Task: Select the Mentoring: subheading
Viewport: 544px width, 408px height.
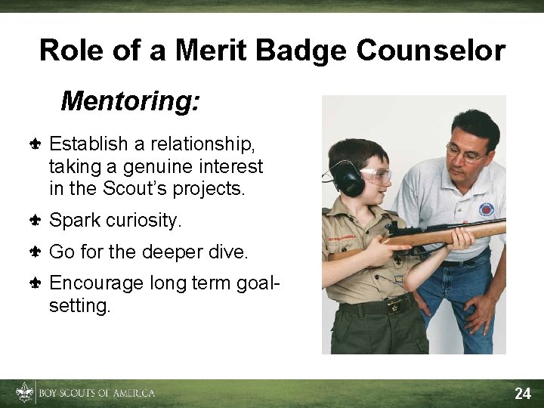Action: [x=130, y=100]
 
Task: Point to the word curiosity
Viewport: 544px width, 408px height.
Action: [x=144, y=221]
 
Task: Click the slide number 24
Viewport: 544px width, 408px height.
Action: [x=523, y=393]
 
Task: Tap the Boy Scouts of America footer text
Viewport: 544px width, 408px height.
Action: [x=97, y=393]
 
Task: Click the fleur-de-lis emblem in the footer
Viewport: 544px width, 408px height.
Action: [x=25, y=392]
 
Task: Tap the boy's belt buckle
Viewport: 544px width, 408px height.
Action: [x=393, y=307]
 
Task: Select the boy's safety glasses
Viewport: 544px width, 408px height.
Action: [x=376, y=176]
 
